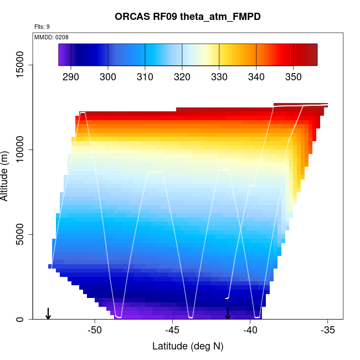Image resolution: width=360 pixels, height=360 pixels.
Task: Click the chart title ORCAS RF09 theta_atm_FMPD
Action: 188,17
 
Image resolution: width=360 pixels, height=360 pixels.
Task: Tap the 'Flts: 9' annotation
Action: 42,27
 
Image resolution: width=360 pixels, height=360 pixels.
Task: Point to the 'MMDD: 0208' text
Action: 52,37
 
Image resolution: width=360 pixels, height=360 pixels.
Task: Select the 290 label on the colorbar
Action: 71,77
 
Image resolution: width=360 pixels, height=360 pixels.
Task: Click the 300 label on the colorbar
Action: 108,77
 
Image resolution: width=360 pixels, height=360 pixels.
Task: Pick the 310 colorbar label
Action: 145,77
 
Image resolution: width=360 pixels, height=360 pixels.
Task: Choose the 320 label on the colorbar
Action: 182,77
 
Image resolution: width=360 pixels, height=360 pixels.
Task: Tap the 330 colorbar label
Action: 219,77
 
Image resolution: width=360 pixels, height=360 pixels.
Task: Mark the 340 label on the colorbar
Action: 256,77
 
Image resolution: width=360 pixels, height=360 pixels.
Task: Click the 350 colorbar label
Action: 293,77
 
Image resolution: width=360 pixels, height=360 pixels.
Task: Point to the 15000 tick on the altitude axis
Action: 21,65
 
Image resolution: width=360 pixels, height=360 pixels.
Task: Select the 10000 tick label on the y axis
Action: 21,150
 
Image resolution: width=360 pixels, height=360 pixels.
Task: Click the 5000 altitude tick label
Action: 21,235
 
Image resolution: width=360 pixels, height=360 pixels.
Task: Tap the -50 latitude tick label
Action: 95,331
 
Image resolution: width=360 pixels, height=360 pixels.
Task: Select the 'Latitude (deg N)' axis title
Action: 188,347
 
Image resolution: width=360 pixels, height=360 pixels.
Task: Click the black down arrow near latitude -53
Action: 48,313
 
